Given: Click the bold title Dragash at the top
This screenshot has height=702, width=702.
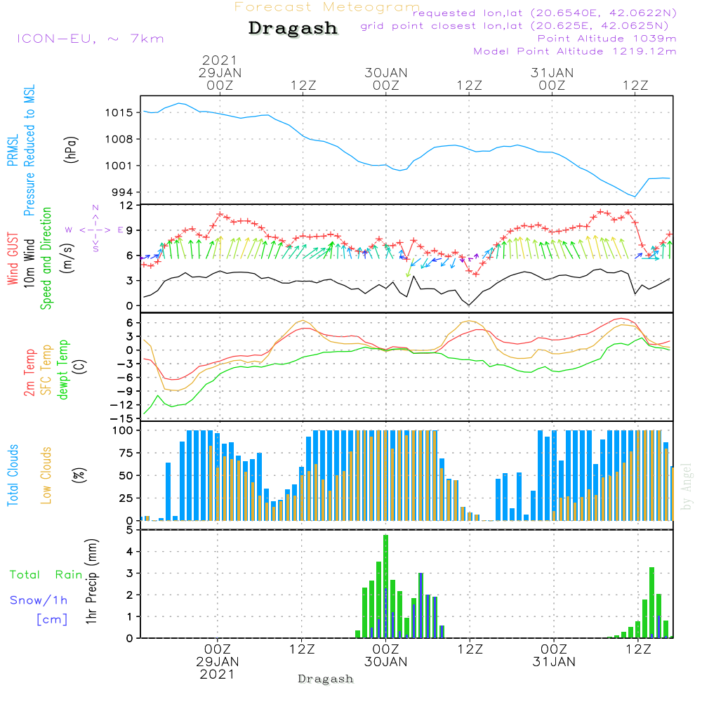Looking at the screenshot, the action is click(x=293, y=29).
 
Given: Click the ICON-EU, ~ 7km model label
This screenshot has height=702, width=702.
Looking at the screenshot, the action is click(x=91, y=39).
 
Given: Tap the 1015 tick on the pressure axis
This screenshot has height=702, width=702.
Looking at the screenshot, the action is click(x=119, y=113).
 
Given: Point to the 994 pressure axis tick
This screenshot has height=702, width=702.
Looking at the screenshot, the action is click(x=123, y=192).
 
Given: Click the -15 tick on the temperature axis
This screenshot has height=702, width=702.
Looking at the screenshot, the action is click(x=121, y=419).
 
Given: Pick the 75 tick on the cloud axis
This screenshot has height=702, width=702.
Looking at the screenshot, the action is click(x=126, y=453).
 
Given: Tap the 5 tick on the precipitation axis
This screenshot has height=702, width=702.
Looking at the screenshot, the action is click(x=130, y=531).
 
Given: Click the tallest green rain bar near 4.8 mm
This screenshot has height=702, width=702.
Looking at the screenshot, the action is click(x=385, y=586).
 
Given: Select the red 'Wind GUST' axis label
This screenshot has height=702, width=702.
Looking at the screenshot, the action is click(x=13, y=258).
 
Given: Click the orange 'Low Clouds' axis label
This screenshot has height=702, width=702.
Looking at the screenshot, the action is click(x=46, y=475).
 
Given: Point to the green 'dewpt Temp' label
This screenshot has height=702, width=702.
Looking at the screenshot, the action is click(x=62, y=369).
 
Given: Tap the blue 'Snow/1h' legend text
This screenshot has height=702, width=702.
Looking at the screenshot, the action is click(x=39, y=600).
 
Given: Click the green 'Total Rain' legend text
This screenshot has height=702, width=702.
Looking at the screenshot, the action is click(x=46, y=575).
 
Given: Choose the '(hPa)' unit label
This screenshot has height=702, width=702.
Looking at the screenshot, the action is click(x=71, y=150).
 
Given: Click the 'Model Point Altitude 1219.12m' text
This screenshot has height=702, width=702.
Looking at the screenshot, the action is click(x=575, y=51).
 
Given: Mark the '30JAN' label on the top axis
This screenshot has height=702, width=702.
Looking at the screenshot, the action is click(x=386, y=73).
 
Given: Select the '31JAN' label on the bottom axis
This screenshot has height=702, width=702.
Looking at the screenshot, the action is click(x=554, y=662).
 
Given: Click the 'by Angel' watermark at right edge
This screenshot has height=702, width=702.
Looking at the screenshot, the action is click(x=686, y=486).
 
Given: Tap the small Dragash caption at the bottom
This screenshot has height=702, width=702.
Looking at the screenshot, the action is click(x=326, y=680).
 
